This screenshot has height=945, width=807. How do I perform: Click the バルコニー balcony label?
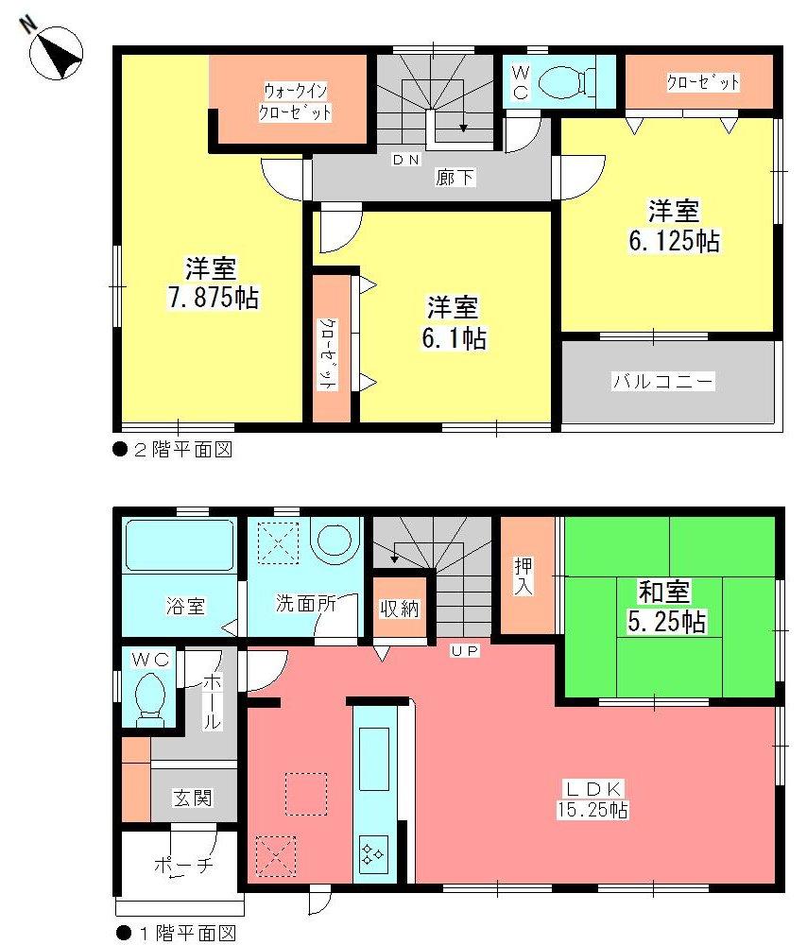663,382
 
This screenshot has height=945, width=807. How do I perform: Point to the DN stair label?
406,160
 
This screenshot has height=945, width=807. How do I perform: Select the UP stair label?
465,651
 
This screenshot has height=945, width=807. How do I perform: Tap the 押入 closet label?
524,577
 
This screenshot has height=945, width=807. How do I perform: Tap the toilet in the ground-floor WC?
151,696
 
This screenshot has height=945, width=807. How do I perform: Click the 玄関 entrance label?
192,799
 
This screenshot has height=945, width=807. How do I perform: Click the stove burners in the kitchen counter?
371,853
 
